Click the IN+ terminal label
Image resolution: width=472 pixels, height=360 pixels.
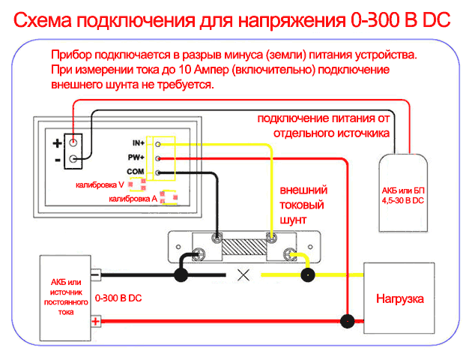point(138,142)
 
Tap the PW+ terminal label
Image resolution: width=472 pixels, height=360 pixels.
point(137,157)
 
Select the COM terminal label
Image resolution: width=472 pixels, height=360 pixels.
point(136,172)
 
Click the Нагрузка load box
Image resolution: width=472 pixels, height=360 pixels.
point(399,298)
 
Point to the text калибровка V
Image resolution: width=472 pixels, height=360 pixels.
point(98,184)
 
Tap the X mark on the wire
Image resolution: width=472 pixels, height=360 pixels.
point(243,274)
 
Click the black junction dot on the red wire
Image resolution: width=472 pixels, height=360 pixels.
point(345,322)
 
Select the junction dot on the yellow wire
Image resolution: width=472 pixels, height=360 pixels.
point(306,275)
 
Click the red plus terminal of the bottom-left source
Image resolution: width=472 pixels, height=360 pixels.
point(96,322)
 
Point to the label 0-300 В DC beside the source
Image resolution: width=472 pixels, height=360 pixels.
point(119,298)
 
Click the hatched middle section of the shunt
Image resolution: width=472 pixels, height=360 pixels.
point(244,246)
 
